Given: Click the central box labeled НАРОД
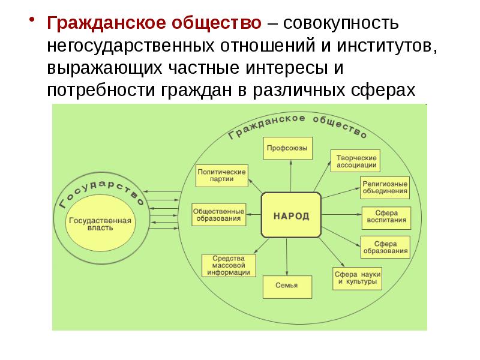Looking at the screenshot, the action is pyautogui.click(x=291, y=215).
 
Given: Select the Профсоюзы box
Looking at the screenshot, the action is pyautogui.click(x=288, y=148).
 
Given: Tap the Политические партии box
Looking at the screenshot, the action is pyautogui.click(x=222, y=176).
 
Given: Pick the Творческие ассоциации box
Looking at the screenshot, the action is pyautogui.click(x=355, y=161).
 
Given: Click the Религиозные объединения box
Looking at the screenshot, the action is pyautogui.click(x=385, y=188).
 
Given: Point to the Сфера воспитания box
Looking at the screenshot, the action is pyautogui.click(x=386, y=218).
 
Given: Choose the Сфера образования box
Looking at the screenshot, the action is pyautogui.click(x=385, y=247).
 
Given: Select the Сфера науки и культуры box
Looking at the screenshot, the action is pyautogui.click(x=357, y=278).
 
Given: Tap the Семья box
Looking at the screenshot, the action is pyautogui.click(x=287, y=287).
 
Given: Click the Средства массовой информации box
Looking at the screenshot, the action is pyautogui.click(x=229, y=265).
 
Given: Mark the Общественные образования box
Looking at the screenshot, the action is pyautogui.click(x=219, y=215).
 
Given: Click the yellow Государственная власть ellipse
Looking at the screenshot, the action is pyautogui.click(x=100, y=224).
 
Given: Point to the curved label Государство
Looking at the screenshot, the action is pyautogui.click(x=101, y=191).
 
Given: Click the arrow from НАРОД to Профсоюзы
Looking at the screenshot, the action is pyautogui.click(x=290, y=176).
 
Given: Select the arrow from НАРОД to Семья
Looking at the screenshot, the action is pyautogui.click(x=287, y=257).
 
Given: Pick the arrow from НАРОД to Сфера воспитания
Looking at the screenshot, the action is pyautogui.click(x=341, y=214).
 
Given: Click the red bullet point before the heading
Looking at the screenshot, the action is pyautogui.click(x=31, y=19).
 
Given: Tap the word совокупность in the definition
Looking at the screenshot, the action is pyautogui.click(x=341, y=23).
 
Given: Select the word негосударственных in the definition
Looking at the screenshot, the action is pyautogui.click(x=131, y=47).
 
